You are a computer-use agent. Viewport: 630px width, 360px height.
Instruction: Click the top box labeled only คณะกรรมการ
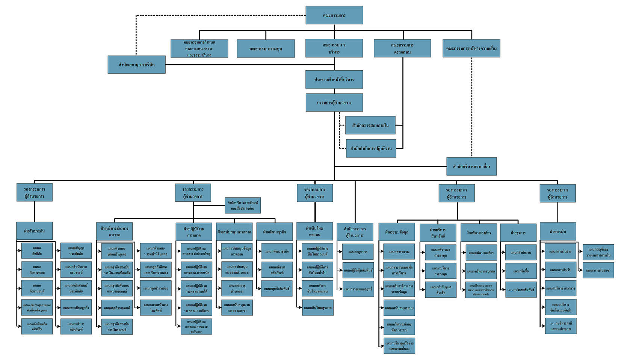click(x=334, y=15)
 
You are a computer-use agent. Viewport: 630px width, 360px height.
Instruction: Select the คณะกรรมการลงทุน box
click(x=266, y=49)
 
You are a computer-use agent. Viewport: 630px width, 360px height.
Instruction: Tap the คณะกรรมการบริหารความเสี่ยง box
click(x=471, y=48)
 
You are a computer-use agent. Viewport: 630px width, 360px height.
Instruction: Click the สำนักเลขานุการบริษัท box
click(x=136, y=65)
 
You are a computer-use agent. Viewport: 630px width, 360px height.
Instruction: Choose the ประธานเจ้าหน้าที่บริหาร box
click(x=334, y=80)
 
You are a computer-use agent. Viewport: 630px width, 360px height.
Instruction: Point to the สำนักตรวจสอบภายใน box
click(x=370, y=125)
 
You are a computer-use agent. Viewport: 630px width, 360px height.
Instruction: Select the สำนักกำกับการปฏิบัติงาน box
click(x=371, y=148)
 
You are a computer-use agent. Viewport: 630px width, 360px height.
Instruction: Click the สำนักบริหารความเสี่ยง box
click(x=471, y=166)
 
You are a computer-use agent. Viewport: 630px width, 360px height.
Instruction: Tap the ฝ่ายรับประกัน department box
click(x=34, y=231)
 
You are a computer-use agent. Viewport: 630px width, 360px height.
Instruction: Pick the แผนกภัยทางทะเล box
click(x=37, y=270)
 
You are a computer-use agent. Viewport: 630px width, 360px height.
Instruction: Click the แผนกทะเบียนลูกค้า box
click(x=76, y=308)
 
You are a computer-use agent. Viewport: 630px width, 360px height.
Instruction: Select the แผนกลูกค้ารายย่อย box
click(x=156, y=289)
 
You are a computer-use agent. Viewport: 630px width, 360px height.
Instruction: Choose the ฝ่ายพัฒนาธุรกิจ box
click(x=275, y=232)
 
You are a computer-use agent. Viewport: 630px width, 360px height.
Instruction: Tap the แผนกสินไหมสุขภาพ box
click(x=317, y=308)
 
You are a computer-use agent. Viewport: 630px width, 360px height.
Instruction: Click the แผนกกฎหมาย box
click(x=358, y=252)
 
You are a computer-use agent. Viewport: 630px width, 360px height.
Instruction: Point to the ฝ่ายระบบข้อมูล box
click(x=396, y=232)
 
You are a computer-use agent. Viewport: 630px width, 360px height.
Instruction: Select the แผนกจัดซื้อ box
click(x=521, y=271)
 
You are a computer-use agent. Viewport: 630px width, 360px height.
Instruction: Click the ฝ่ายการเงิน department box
click(x=557, y=231)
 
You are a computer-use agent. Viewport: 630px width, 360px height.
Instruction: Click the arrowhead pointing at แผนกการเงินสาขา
click(x=581, y=270)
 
